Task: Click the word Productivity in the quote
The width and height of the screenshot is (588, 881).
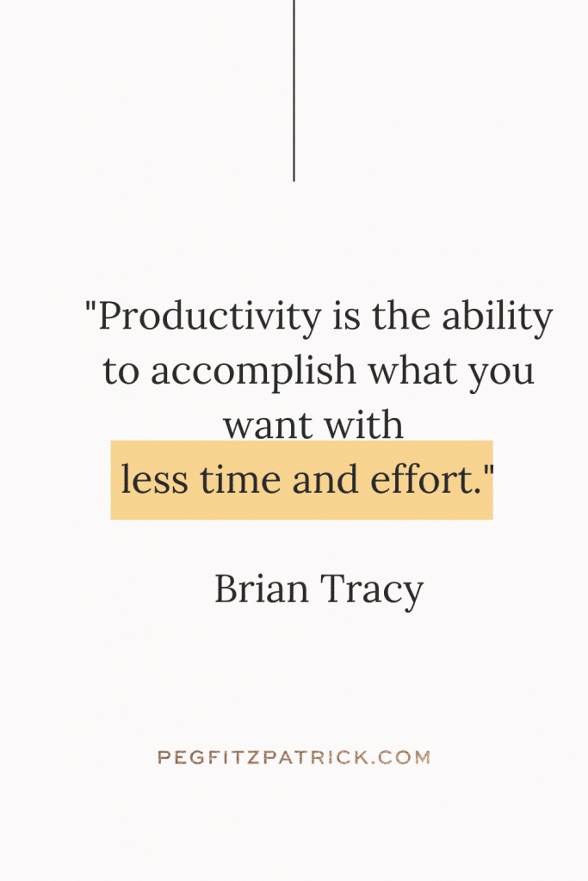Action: coord(210,317)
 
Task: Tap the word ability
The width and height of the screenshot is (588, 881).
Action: coord(497,317)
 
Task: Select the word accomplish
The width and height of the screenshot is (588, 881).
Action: coord(253,373)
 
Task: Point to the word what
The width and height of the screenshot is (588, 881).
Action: coord(412,371)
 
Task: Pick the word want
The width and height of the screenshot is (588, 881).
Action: coord(268,427)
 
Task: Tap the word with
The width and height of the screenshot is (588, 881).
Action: coord(363,424)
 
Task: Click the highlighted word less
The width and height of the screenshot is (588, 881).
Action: coord(155,479)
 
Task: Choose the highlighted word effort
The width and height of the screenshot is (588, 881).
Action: coord(423,479)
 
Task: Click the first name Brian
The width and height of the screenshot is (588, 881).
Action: coord(262,588)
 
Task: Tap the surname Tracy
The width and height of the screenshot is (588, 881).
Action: coord(372,591)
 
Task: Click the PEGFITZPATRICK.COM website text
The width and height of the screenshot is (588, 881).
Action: coord(294,757)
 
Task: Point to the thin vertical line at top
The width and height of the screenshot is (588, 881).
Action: coord(294,90)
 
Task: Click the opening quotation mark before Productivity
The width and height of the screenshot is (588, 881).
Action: coord(90,308)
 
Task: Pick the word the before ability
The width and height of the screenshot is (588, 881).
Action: coord(401,317)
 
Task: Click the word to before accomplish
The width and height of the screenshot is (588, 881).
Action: coord(121,373)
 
